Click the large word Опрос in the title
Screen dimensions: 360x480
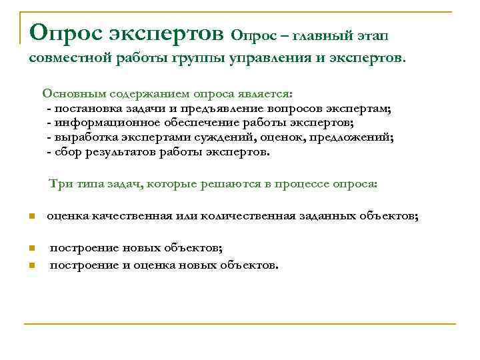(61, 31)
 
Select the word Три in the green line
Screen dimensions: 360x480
(58, 183)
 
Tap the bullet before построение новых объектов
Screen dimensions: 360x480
(31, 249)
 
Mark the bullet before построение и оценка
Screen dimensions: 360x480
(31, 266)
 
